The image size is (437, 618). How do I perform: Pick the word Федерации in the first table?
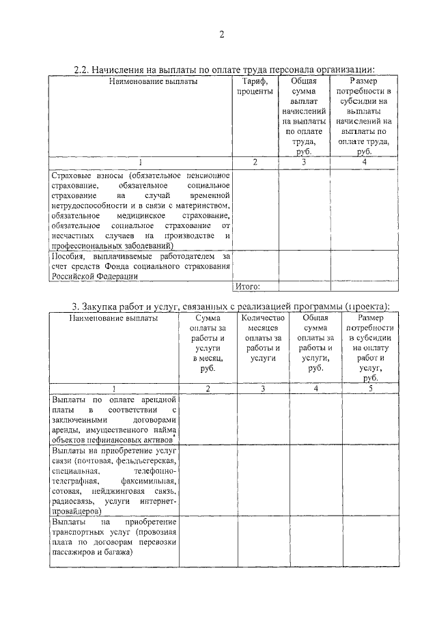[118, 277]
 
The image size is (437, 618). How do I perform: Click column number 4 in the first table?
[365, 163]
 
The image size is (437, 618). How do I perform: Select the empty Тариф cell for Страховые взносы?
[255, 210]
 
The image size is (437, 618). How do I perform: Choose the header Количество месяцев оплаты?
[263, 338]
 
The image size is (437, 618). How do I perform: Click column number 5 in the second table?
[371, 389]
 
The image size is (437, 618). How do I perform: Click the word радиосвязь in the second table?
[72, 501]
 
